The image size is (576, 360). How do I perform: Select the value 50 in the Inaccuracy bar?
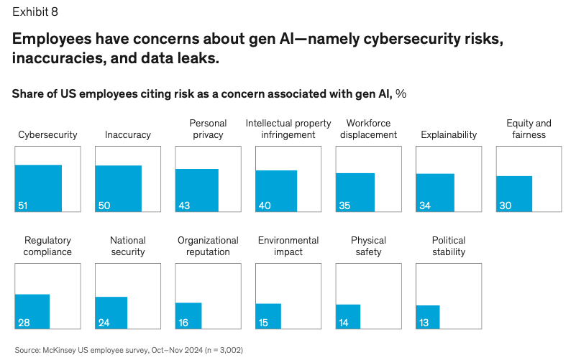coord(104,206)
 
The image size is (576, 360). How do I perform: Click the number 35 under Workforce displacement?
coord(344,206)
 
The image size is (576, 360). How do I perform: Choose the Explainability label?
coord(449,134)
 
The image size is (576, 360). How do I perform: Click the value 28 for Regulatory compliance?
coord(24,323)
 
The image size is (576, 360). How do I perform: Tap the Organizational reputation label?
coord(208,246)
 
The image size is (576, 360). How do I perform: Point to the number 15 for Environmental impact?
coord(263,323)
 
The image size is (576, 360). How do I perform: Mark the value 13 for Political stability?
coord(424,323)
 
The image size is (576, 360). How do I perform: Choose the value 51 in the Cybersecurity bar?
coord(23,206)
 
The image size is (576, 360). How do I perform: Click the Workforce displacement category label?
coord(368,129)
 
